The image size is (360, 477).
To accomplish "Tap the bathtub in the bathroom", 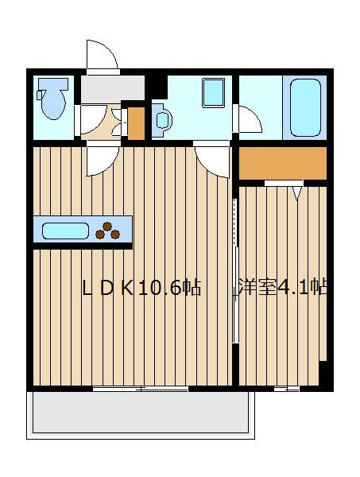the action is point(305,107).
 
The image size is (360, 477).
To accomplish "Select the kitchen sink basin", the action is point(65,231).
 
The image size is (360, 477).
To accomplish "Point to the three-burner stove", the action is point(107,231).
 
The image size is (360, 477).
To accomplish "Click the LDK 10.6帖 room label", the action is point(141,288).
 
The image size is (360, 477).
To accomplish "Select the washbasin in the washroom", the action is point(162,120).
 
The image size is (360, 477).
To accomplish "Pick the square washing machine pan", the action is point(214,93).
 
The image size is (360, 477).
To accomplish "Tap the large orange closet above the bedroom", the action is point(282,163).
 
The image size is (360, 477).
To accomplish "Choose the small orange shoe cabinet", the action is point(136,123).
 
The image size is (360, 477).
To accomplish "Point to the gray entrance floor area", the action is point(113,89).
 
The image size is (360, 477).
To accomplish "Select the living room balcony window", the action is point(140,389).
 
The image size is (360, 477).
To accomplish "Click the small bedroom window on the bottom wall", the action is point(286,389).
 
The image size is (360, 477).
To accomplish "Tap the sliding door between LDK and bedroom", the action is point(235,271).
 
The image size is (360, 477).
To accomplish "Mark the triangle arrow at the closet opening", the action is point(297,193).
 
